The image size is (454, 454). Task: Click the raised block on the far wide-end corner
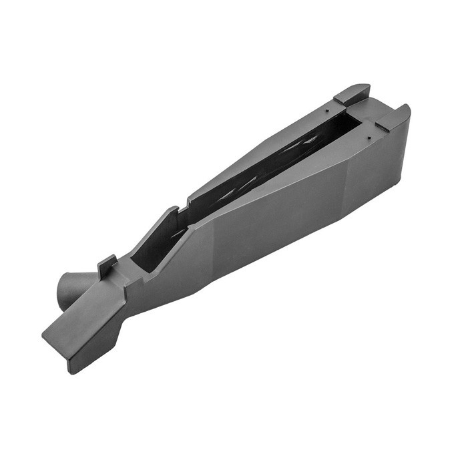click(x=352, y=93)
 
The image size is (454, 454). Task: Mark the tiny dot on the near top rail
click(x=368, y=136)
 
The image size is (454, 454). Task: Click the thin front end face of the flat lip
click(x=57, y=351)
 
